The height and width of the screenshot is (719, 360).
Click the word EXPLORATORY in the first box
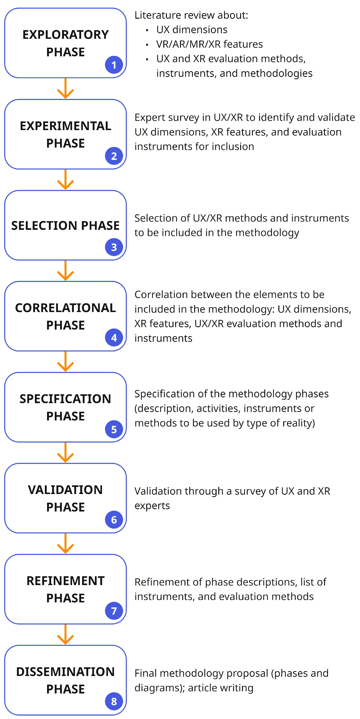click(x=65, y=35)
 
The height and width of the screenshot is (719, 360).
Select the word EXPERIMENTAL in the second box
click(x=65, y=126)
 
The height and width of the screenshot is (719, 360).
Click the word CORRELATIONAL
click(x=65, y=308)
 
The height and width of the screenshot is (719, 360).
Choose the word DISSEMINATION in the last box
click(x=65, y=672)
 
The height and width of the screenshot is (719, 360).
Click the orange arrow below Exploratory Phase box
click(x=65, y=88)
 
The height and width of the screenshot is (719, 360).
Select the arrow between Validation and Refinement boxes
click(x=65, y=543)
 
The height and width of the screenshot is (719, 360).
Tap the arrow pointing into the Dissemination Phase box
click(x=65, y=634)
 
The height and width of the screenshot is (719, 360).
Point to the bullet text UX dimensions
click(x=192, y=30)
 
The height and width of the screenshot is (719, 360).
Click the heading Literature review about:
click(x=191, y=15)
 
